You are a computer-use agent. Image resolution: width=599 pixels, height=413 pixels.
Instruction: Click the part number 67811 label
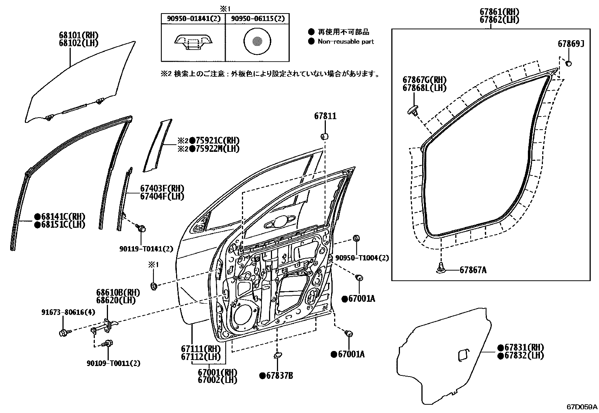click(x=325, y=116)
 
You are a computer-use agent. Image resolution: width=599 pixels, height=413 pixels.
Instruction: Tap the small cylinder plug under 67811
click(x=325, y=136)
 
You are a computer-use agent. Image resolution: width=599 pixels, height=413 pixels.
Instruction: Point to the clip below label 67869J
click(x=569, y=63)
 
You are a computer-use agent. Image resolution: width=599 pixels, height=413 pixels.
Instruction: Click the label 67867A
click(x=473, y=270)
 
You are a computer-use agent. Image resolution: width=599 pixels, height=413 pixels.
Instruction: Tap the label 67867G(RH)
click(x=424, y=80)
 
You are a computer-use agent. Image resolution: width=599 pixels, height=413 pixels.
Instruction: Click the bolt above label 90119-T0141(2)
click(x=141, y=228)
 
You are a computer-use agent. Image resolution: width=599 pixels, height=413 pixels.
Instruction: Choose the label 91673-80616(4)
click(x=63, y=312)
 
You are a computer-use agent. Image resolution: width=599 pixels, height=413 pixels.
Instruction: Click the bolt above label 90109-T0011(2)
click(x=108, y=343)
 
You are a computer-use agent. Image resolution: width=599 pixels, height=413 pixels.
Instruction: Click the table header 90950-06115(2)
click(x=258, y=18)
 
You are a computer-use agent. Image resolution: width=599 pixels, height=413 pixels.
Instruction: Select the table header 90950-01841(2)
click(x=193, y=18)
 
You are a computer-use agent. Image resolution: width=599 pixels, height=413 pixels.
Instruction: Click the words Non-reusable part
click(x=346, y=42)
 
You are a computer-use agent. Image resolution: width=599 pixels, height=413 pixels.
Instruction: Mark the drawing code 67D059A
click(x=582, y=407)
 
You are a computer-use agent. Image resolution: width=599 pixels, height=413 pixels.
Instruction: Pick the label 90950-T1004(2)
click(x=362, y=258)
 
